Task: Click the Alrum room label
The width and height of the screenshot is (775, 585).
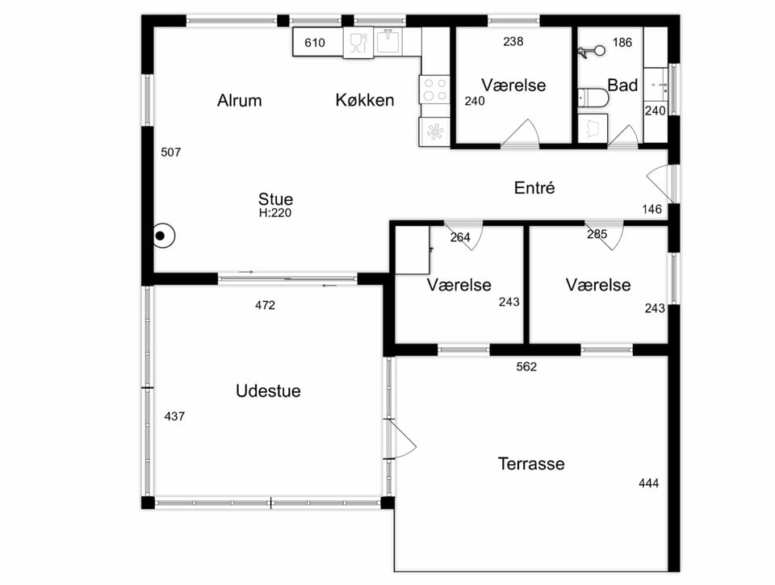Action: click(239, 100)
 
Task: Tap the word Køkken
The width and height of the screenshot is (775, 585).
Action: click(365, 100)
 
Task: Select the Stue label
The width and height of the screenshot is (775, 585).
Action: click(275, 198)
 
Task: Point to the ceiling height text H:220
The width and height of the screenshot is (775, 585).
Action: click(275, 213)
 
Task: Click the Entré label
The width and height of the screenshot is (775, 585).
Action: click(534, 187)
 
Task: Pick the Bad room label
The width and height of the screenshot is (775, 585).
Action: click(622, 85)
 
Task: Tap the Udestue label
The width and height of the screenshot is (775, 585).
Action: click(268, 391)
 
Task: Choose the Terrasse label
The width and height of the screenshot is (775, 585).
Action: click(531, 463)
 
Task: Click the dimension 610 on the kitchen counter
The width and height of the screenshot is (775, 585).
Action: click(314, 43)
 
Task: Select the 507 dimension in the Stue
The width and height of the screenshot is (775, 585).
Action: click(170, 153)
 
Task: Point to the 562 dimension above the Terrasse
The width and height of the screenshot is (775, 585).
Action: click(526, 366)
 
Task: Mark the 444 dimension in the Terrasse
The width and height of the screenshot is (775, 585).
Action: click(648, 483)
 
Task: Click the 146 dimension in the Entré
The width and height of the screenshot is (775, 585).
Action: click(651, 209)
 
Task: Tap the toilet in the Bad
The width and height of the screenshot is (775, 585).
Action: click(593, 98)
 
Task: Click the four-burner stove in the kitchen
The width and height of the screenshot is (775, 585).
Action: click(434, 90)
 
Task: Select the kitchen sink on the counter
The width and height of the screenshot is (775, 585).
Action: click(388, 41)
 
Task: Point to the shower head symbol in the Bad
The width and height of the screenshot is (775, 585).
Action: click(592, 50)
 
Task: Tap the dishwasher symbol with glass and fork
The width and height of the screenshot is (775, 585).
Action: click(358, 43)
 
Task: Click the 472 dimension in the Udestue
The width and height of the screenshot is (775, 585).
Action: click(265, 305)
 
